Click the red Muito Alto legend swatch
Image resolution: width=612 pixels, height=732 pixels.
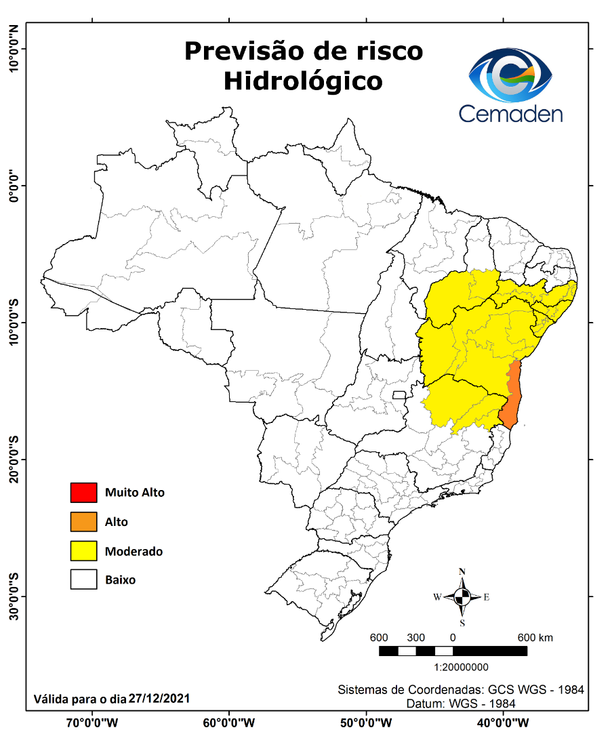coord(83,493)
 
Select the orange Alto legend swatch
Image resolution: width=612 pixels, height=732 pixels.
coord(83,522)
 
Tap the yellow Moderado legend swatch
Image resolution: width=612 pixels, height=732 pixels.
coord(83,551)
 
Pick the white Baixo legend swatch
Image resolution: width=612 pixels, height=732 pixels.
coord(83,580)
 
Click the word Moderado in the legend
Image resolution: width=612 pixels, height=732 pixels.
coord(134,551)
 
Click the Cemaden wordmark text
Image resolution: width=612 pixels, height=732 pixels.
coord(510,113)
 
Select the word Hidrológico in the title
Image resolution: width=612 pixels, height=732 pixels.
coord(303,81)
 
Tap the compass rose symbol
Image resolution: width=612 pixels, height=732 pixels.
coord(462,597)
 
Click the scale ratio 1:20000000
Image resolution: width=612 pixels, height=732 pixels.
coord(461,668)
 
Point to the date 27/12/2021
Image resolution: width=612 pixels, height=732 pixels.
coord(159,697)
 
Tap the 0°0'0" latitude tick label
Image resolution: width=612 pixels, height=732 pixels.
coord(13,185)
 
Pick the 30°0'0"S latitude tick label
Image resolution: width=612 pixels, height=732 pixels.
coord(13,596)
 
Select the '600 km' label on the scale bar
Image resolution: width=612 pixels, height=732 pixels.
coord(535,638)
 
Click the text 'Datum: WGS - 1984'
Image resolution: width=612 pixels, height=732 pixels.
coord(460,704)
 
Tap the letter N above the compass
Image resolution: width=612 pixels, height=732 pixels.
coord(462,571)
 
